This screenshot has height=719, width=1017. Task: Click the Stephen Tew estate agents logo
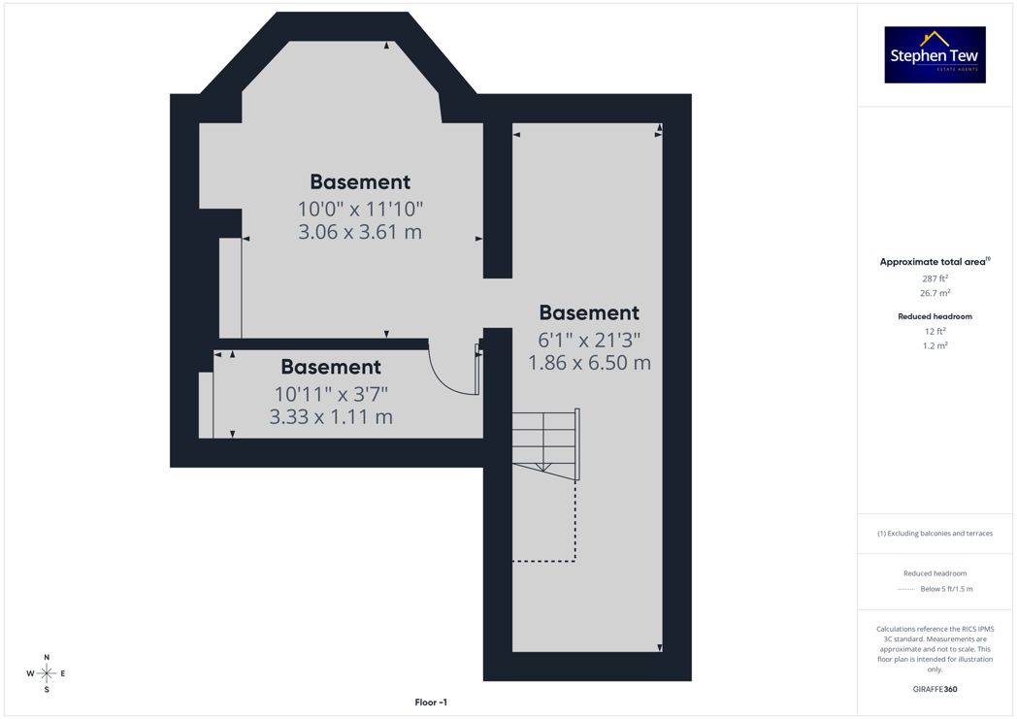pyautogui.click(x=935, y=54)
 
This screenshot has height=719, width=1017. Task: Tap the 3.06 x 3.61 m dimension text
pyautogui.click(x=360, y=232)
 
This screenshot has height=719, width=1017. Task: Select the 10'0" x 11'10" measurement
pyautogui.click(x=360, y=209)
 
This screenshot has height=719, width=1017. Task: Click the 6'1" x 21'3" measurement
pyautogui.click(x=589, y=340)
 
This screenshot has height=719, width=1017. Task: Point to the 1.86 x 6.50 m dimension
pyautogui.click(x=589, y=363)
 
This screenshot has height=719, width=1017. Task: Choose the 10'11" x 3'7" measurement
pyautogui.click(x=331, y=394)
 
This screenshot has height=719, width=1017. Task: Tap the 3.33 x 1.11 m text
pyautogui.click(x=331, y=417)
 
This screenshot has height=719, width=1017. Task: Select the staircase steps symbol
pyautogui.click(x=545, y=444)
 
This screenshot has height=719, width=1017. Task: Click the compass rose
pyautogui.click(x=47, y=673)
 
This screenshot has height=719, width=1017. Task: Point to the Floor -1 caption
pyautogui.click(x=431, y=703)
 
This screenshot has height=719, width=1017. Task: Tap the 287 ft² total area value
pyautogui.click(x=935, y=278)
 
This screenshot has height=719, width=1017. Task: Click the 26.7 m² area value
pyautogui.click(x=935, y=293)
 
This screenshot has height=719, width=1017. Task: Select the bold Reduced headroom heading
pyautogui.click(x=935, y=316)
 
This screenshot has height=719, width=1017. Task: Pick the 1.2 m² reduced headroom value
pyautogui.click(x=935, y=345)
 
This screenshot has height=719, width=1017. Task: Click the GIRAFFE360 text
pyautogui.click(x=935, y=689)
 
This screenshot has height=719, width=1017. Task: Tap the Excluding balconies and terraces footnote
pyautogui.click(x=935, y=534)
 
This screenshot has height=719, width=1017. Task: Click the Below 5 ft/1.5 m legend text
pyautogui.click(x=946, y=589)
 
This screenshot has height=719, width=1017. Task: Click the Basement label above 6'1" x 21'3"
pyautogui.click(x=589, y=312)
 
